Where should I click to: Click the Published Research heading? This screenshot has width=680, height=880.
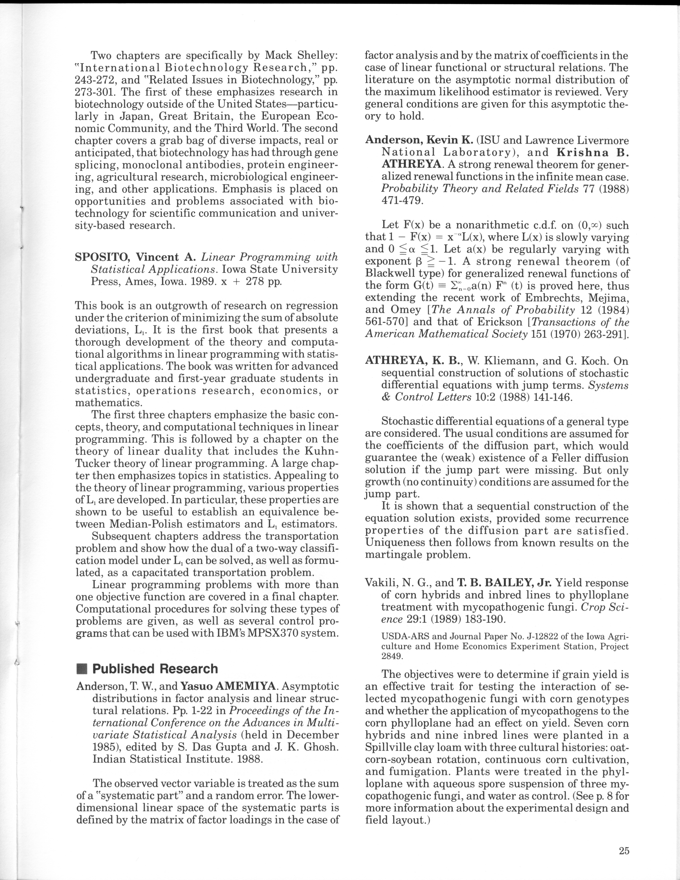[155, 669]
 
